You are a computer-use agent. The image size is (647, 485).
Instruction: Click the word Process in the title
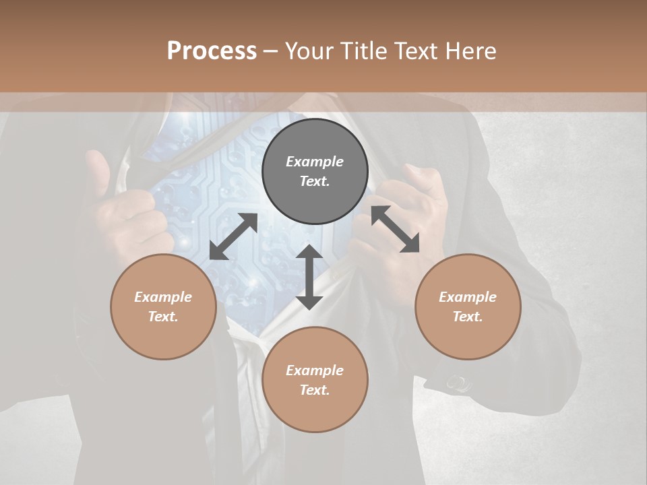[x=212, y=51]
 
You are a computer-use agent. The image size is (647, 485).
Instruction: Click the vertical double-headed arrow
[x=309, y=277]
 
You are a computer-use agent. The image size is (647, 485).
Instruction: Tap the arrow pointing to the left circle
[x=233, y=236]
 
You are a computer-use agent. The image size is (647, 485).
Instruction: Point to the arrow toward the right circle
[x=395, y=229]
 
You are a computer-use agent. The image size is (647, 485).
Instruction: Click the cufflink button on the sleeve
[x=458, y=384]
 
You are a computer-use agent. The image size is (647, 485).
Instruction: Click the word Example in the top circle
[x=315, y=162]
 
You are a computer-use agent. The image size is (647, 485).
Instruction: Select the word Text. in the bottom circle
[x=315, y=390]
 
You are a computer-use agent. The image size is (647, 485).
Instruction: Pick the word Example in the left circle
[x=163, y=297]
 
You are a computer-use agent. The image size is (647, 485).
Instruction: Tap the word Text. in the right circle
[x=468, y=317]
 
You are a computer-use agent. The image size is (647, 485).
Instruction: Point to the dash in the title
[x=270, y=52]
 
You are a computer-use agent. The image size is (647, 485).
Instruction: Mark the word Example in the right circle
[x=468, y=297]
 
